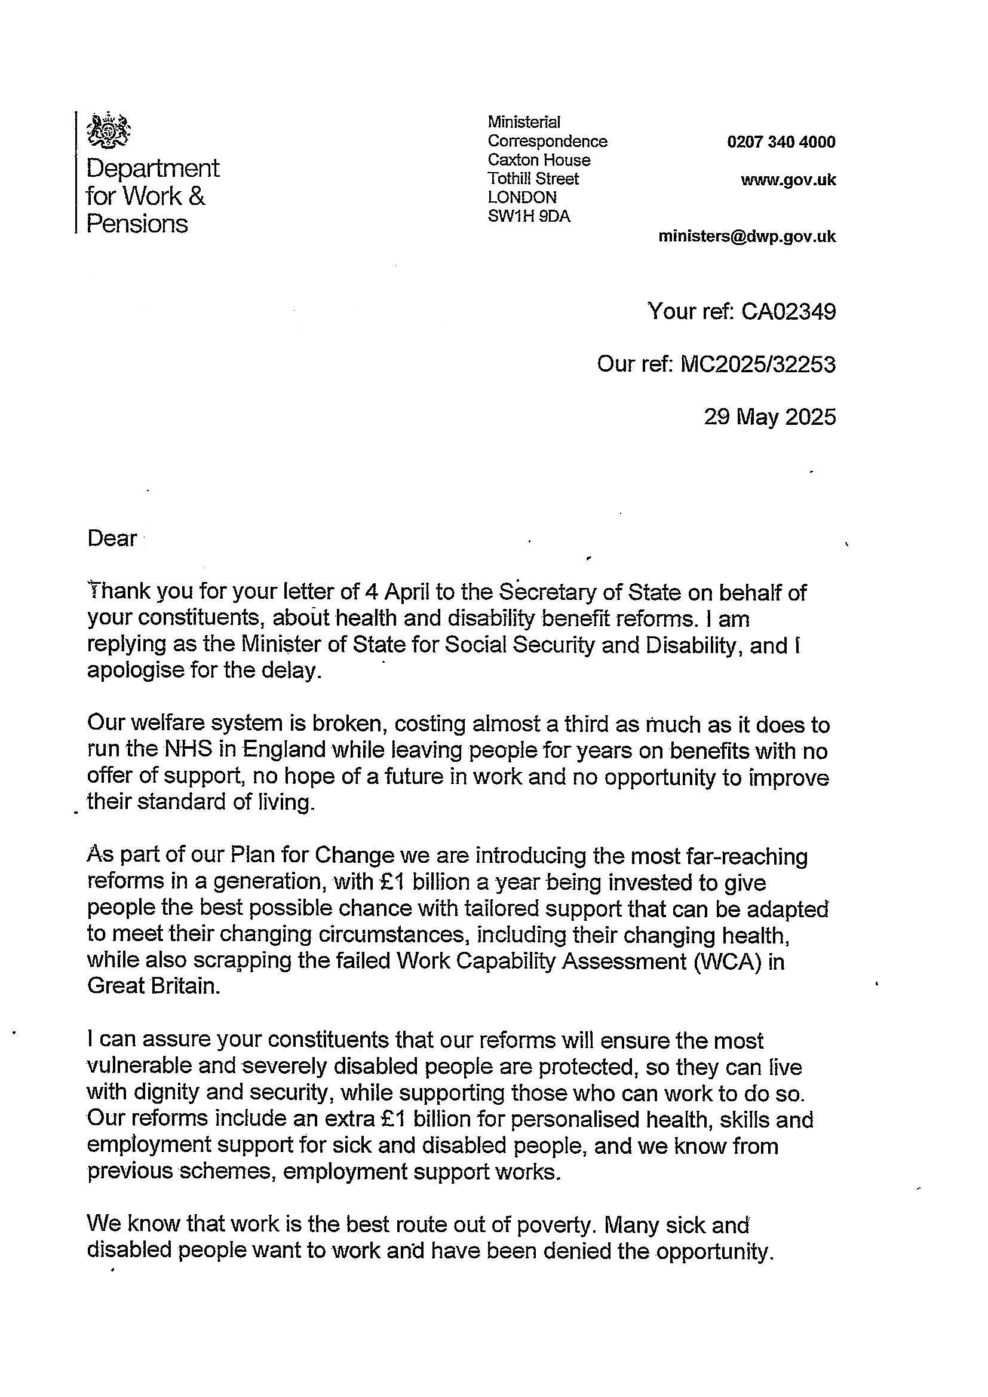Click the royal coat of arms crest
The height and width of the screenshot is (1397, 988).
[x=109, y=130]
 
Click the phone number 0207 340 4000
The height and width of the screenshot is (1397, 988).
[x=781, y=142]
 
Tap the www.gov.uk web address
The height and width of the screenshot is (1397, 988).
[x=788, y=180]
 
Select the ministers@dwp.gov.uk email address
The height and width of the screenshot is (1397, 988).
[x=747, y=237]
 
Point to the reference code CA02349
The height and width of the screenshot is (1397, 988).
[x=788, y=311]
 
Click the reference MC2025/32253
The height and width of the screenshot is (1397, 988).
[x=758, y=364]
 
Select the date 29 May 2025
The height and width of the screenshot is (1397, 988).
[x=769, y=417]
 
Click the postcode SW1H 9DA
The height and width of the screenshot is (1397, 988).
[x=529, y=216]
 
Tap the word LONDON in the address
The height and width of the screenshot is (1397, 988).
[x=522, y=197]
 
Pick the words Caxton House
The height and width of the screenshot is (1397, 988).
[x=538, y=160]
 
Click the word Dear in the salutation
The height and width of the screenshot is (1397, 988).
[x=112, y=539]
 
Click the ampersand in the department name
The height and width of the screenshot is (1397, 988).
[x=197, y=196]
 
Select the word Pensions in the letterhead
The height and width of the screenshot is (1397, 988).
[x=137, y=224]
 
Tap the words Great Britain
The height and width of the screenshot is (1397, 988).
[x=152, y=987]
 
